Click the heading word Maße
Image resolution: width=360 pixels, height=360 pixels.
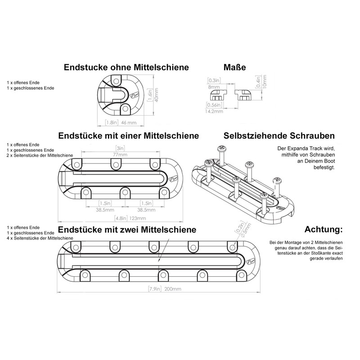click(234, 67)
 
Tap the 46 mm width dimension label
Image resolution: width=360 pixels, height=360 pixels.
click(129, 122)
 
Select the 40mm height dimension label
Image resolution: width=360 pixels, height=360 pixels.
click(156, 95)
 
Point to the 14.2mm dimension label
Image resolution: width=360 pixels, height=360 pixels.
click(214, 111)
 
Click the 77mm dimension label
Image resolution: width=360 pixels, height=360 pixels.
click(120, 155)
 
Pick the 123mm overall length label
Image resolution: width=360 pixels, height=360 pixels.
click(138, 218)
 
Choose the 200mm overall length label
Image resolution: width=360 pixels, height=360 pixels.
click(173, 289)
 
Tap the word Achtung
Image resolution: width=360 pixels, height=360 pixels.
click(323, 229)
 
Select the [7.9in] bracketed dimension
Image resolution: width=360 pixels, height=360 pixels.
click(155, 289)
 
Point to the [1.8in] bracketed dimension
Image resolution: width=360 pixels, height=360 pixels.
click(112, 122)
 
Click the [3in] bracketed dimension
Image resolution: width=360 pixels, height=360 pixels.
click(120, 148)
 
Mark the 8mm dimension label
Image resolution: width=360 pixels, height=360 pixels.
click(214, 87)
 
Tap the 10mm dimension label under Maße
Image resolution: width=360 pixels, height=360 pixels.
click(265, 81)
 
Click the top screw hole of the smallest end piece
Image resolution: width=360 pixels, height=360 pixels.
click(116, 81)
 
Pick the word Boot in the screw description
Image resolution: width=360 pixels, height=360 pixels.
click(329, 161)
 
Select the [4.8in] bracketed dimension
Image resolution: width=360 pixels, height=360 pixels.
click(121, 218)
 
